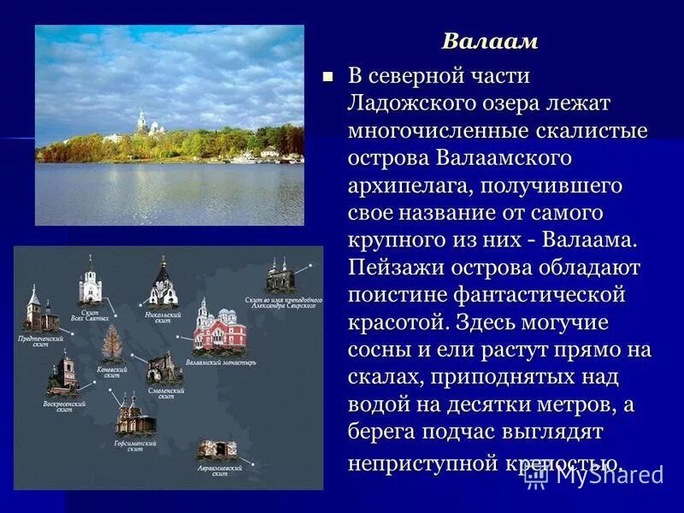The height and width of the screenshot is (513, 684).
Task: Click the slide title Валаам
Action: [x=490, y=41]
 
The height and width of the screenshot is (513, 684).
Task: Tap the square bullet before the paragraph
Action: [x=326, y=77]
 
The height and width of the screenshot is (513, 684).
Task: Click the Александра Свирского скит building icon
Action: [x=279, y=275]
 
